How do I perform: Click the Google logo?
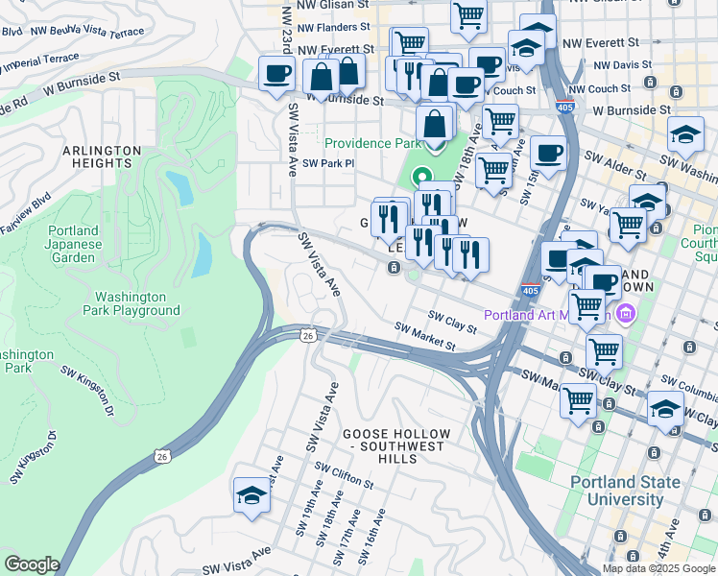(x=32, y=564)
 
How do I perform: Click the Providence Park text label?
(x=372, y=143)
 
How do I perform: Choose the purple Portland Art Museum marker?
(x=627, y=313)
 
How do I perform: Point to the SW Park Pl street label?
(x=328, y=163)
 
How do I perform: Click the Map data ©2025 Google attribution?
(x=658, y=568)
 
